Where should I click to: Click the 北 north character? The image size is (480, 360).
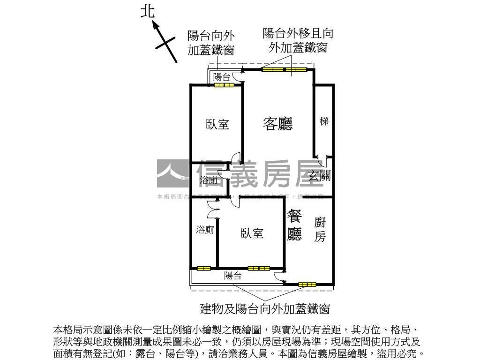point(148,12)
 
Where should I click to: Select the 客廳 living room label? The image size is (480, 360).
point(278,124)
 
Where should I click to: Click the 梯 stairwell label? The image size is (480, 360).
point(324,121)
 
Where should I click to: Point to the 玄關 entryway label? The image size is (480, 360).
point(320,176)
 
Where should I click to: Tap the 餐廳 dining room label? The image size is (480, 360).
point(294,225)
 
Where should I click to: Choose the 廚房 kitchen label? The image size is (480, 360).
point(320,229)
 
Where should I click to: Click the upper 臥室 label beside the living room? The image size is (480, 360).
point(217,124)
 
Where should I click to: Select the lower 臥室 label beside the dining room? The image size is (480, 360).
point(252,233)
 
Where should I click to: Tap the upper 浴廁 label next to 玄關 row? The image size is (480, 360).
point(208,180)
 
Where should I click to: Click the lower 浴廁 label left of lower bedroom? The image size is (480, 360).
point(205,230)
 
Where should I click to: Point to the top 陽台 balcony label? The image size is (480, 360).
point(222,77)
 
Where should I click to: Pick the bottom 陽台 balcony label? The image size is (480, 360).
point(232,276)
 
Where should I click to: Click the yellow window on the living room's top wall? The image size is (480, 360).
point(284,70)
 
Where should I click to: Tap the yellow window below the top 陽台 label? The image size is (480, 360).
point(224,85)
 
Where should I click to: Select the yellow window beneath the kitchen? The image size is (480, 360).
point(307,284)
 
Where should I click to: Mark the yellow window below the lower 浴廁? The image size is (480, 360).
point(203,269)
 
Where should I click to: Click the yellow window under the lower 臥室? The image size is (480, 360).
point(259,268)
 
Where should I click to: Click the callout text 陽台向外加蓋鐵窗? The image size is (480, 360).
point(211,43)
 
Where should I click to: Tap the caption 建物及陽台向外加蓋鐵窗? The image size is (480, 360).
point(265,309)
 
